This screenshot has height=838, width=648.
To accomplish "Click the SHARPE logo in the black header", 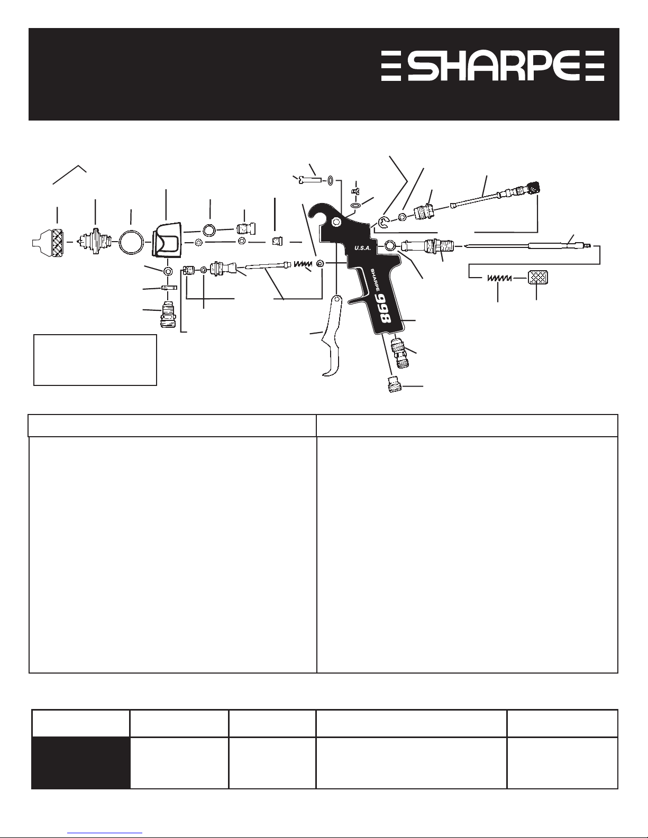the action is [492, 66].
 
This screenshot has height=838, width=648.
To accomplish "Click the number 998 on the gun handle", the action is [384, 308].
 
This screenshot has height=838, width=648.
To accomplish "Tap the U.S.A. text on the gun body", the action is [362, 248].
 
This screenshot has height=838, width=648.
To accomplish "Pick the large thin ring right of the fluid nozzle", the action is [132, 242].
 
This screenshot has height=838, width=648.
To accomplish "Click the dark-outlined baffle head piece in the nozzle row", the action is [167, 240].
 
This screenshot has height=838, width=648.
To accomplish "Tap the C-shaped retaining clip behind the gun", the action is [384, 222].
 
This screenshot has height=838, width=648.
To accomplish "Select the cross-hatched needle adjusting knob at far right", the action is [538, 277].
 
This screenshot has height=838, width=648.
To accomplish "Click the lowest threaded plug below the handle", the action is [396, 384].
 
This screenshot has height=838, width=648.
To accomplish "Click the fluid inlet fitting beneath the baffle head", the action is [168, 314].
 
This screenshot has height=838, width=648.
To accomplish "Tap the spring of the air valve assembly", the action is [303, 264].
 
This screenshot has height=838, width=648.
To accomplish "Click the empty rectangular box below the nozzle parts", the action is [95, 360].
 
